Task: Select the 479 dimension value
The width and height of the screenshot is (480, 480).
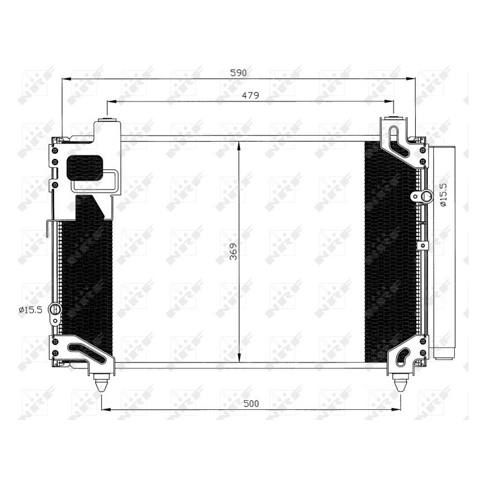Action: [x=251, y=95]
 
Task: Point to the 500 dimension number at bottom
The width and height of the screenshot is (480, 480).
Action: [x=251, y=403]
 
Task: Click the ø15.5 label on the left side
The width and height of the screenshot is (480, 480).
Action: [x=30, y=310]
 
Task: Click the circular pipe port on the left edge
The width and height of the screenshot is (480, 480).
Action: [x=55, y=310]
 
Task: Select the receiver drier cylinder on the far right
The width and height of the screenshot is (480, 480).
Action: [x=443, y=252]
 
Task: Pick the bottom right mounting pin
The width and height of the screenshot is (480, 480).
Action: [x=400, y=382]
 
